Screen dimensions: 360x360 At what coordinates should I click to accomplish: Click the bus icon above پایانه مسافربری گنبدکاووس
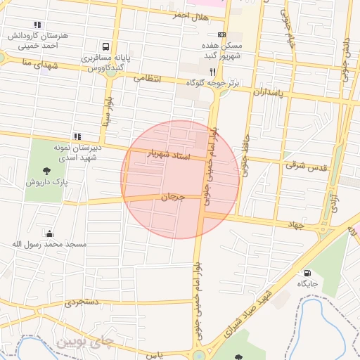[x=105, y=46]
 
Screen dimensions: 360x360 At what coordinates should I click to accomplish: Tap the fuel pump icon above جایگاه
[x=307, y=273]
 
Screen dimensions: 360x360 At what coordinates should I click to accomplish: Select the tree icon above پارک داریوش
[x=46, y=171]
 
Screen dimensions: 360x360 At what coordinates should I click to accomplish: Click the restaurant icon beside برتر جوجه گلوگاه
[x=212, y=72]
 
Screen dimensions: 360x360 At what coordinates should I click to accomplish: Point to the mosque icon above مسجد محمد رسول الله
[x=49, y=233]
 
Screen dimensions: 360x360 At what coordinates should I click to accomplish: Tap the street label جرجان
[x=172, y=198]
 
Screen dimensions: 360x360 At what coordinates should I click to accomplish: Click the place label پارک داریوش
[x=46, y=182]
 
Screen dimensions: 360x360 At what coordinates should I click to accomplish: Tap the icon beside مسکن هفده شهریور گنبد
[x=222, y=34]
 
